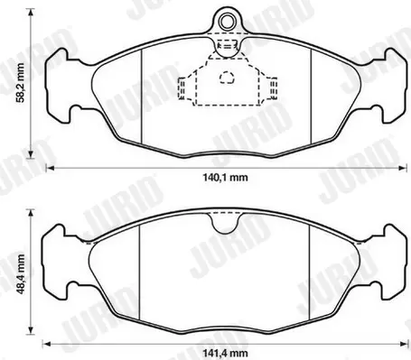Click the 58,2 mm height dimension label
[x=21, y=83]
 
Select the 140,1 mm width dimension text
[x=226, y=177]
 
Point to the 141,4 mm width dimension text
[x=226, y=353]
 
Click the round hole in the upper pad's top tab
[x=227, y=22]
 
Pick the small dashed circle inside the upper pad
[x=227, y=78]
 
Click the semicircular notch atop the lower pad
[x=226, y=223]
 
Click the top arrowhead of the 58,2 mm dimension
[x=31, y=13]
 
